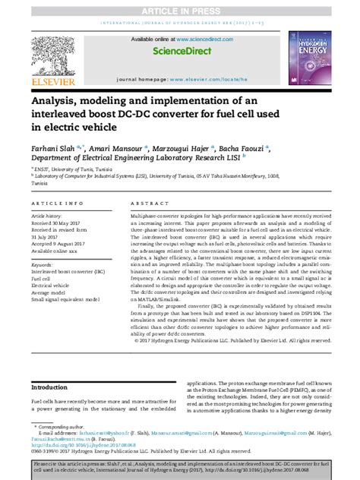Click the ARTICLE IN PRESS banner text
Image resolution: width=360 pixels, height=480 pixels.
(x=180, y=6)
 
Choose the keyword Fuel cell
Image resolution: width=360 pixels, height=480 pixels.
(x=40, y=279)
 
